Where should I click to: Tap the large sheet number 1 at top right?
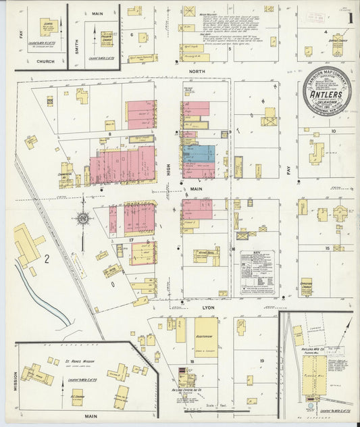[x=349, y=19]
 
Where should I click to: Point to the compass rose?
[x=82, y=218]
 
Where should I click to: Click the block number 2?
[x=47, y=258]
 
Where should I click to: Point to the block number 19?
[x=261, y=361]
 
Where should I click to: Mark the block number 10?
[x=333, y=131]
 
